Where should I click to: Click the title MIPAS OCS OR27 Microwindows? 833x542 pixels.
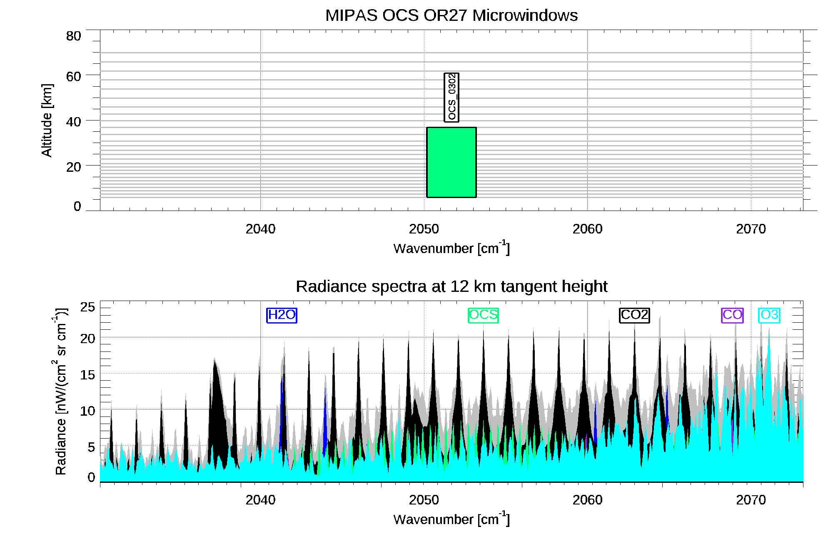click(451, 15)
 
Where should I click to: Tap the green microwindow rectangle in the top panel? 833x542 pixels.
click(451, 162)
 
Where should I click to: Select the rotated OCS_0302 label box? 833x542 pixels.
click(451, 98)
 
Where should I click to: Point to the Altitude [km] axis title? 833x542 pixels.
click(47, 120)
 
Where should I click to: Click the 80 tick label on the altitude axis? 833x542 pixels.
click(73, 36)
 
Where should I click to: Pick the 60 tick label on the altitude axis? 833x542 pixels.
click(73, 77)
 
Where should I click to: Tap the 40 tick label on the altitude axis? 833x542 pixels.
click(73, 122)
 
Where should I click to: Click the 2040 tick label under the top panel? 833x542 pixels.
click(260, 229)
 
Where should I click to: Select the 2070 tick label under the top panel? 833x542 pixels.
click(751, 229)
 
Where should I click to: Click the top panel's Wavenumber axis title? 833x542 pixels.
click(451, 248)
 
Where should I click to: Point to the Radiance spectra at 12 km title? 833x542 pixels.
click(451, 286)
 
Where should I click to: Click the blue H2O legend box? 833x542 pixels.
click(282, 315)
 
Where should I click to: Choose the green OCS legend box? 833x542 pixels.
click(483, 315)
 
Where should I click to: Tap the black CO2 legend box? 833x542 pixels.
click(634, 315)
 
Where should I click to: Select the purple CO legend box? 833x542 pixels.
click(732, 315)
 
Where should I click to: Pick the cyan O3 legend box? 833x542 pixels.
click(769, 315)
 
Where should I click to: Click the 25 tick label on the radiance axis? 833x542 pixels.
click(87, 307)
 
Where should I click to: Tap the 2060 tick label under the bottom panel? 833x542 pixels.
click(587, 500)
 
